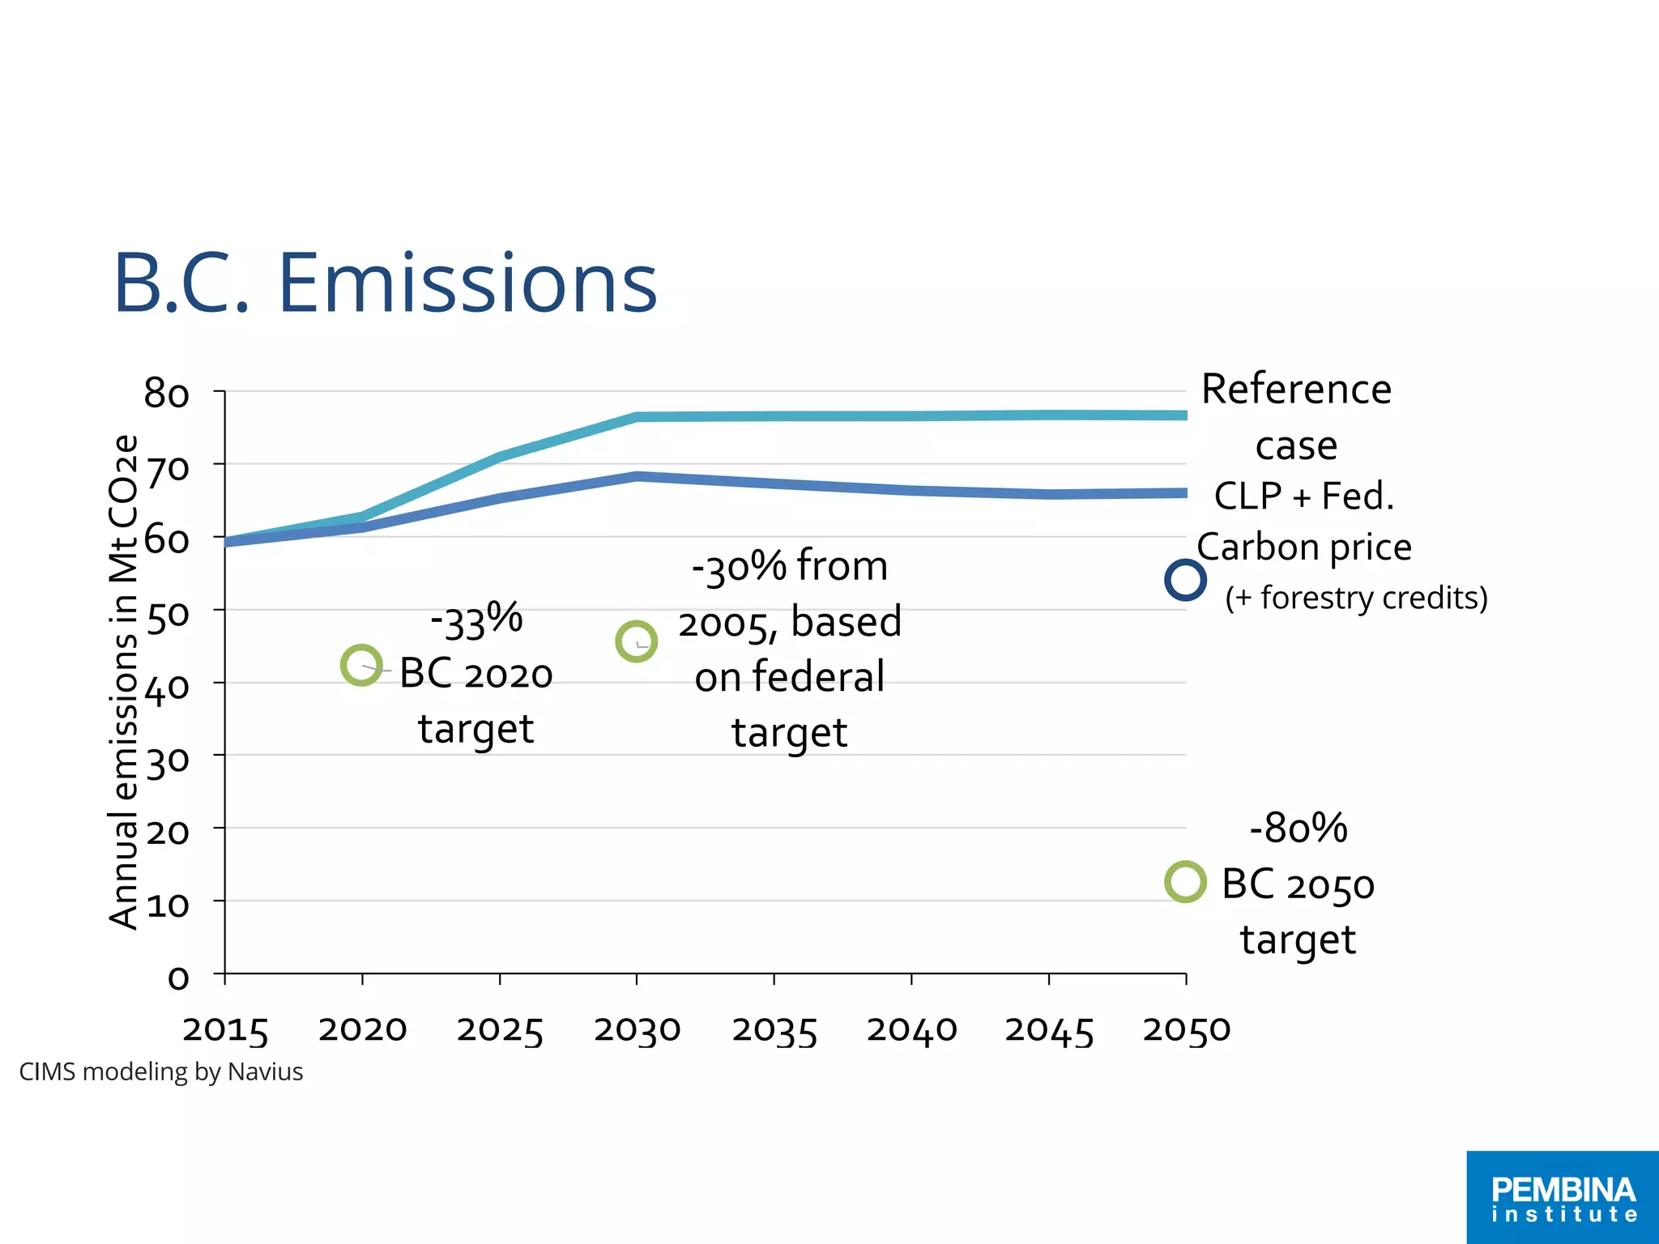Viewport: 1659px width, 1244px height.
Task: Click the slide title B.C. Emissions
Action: click(385, 284)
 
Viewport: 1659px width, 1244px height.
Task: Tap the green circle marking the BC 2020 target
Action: click(361, 666)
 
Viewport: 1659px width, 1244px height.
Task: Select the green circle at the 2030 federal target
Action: click(636, 641)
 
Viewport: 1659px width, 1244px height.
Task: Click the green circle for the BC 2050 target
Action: click(1185, 882)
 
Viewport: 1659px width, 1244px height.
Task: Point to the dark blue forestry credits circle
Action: click(1185, 580)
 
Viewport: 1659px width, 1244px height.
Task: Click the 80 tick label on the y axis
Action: click(167, 394)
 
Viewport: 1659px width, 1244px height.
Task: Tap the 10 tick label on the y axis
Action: click(167, 905)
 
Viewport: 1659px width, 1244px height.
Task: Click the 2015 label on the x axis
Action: click(225, 1030)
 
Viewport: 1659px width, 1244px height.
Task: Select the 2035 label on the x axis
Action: click(774, 1030)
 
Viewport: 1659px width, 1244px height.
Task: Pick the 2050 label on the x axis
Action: click(1186, 1030)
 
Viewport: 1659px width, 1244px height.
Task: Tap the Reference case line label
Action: click(1296, 417)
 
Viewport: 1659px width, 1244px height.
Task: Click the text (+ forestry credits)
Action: click(1356, 598)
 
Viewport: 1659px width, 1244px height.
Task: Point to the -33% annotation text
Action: click(476, 621)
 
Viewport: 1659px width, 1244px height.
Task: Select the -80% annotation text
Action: click(1298, 828)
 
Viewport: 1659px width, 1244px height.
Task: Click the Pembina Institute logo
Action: click(1563, 1198)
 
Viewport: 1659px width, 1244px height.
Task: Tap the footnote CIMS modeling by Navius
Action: click(160, 1071)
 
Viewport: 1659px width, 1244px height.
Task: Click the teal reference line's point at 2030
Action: click(637, 417)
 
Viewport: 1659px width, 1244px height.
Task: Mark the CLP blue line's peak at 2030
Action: click(637, 477)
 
